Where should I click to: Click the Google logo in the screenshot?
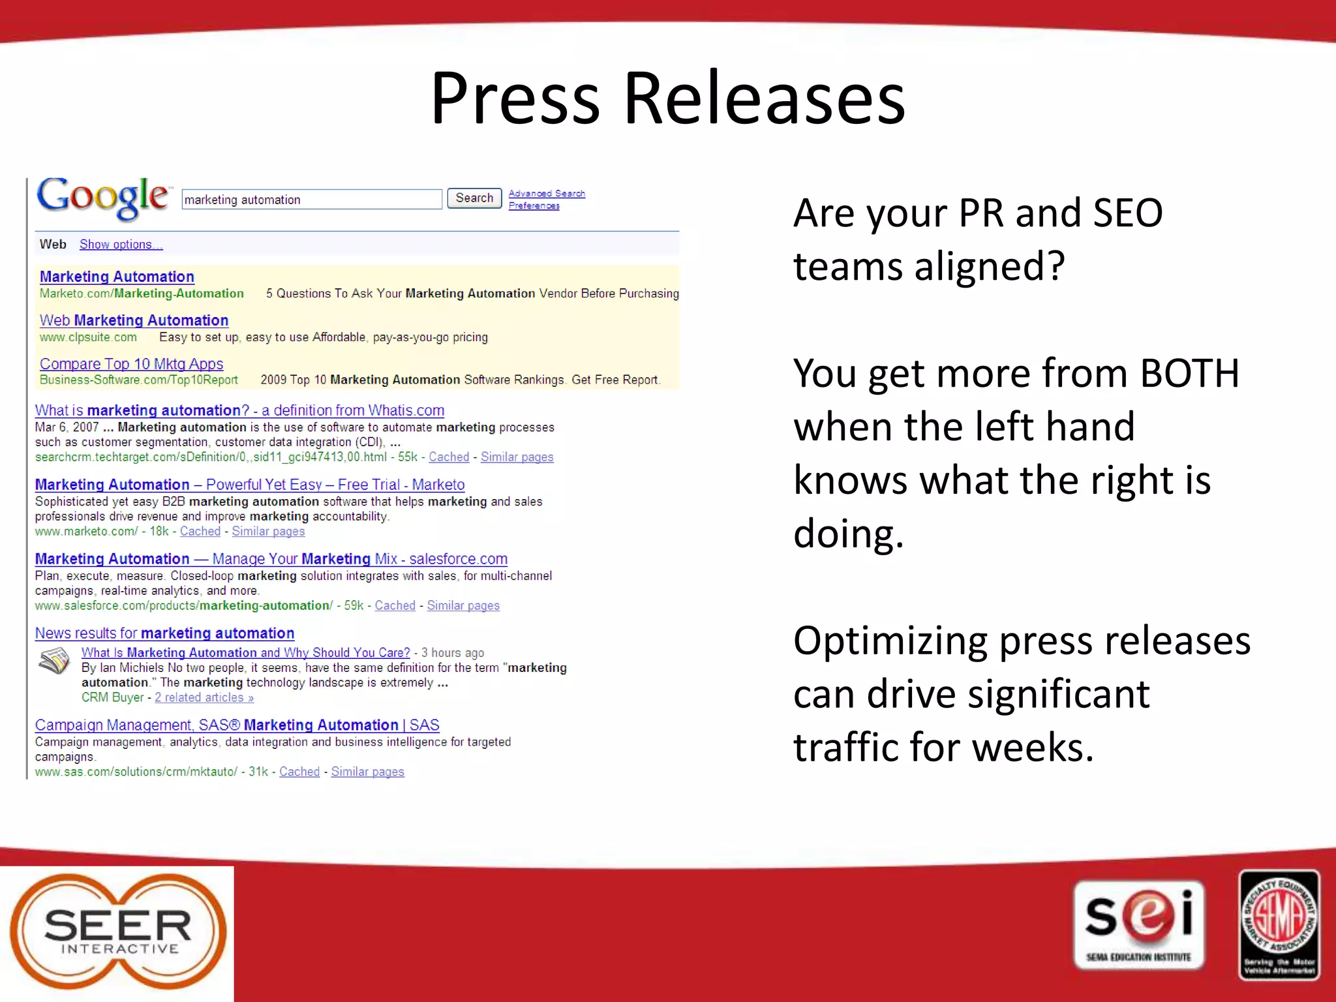coord(103,197)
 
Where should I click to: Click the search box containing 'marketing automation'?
coord(312,200)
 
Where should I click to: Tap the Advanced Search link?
coord(547,194)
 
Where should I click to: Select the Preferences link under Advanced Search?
coord(534,205)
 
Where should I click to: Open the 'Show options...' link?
coord(121,245)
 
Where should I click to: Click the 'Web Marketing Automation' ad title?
coord(134,320)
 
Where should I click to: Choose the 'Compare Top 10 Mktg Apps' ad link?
coord(131,364)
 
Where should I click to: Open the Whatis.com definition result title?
coord(239,410)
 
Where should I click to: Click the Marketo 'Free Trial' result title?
coord(250,485)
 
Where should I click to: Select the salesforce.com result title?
coord(271,559)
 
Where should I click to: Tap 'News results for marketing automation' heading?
coord(164,633)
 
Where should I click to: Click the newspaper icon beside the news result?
coord(54,660)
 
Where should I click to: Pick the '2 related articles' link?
coord(204,697)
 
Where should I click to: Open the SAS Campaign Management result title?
coord(237,725)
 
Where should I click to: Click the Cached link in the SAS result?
coord(299,772)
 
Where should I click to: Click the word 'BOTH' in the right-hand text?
coord(1189,374)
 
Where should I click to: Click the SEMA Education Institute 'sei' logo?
coord(1138,924)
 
